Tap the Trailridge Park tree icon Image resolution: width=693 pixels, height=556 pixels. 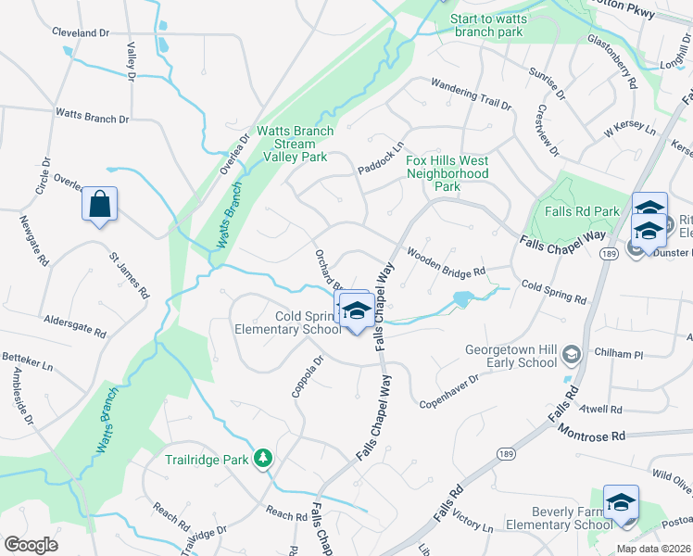click(x=264, y=458)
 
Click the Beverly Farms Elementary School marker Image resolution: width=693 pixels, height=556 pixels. click(x=621, y=502)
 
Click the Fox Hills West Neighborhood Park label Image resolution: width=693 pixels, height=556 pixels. click(x=447, y=173)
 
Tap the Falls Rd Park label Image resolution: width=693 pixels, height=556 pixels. click(x=583, y=211)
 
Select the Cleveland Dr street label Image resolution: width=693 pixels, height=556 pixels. click(x=81, y=32)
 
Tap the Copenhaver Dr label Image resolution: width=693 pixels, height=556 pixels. click(x=448, y=391)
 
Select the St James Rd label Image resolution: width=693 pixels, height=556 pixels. click(x=129, y=275)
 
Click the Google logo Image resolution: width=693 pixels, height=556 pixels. click(x=31, y=545)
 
